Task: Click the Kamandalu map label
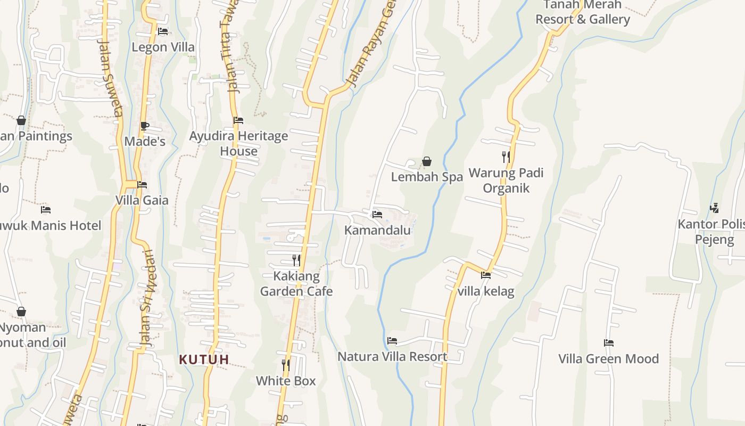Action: point(377,230)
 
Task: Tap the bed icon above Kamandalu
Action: point(377,215)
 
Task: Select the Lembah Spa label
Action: point(427,177)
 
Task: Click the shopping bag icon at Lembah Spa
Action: point(427,161)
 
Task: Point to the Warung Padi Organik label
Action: point(506,181)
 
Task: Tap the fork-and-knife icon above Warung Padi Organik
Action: point(506,157)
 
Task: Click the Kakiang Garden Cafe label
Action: point(296,284)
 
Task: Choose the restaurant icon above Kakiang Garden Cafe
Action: point(296,260)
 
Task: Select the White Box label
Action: point(286,381)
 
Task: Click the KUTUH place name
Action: point(204,359)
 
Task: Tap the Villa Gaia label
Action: point(142,200)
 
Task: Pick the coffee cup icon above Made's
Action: point(144,126)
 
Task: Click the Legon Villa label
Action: point(163,47)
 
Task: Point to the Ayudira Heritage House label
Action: point(238,143)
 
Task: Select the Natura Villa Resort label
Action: point(392,356)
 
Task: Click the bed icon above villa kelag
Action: point(486,275)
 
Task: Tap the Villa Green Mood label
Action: point(608,358)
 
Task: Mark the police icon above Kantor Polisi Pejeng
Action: point(714,208)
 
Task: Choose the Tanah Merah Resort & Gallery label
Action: point(582,12)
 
